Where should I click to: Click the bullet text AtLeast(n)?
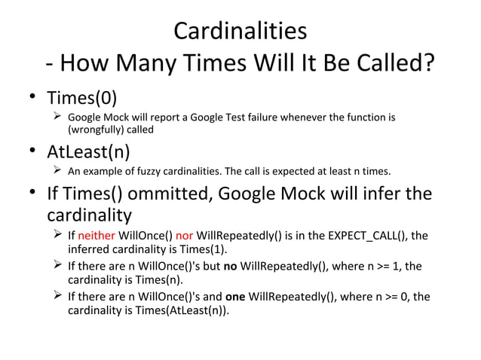coord(89,151)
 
